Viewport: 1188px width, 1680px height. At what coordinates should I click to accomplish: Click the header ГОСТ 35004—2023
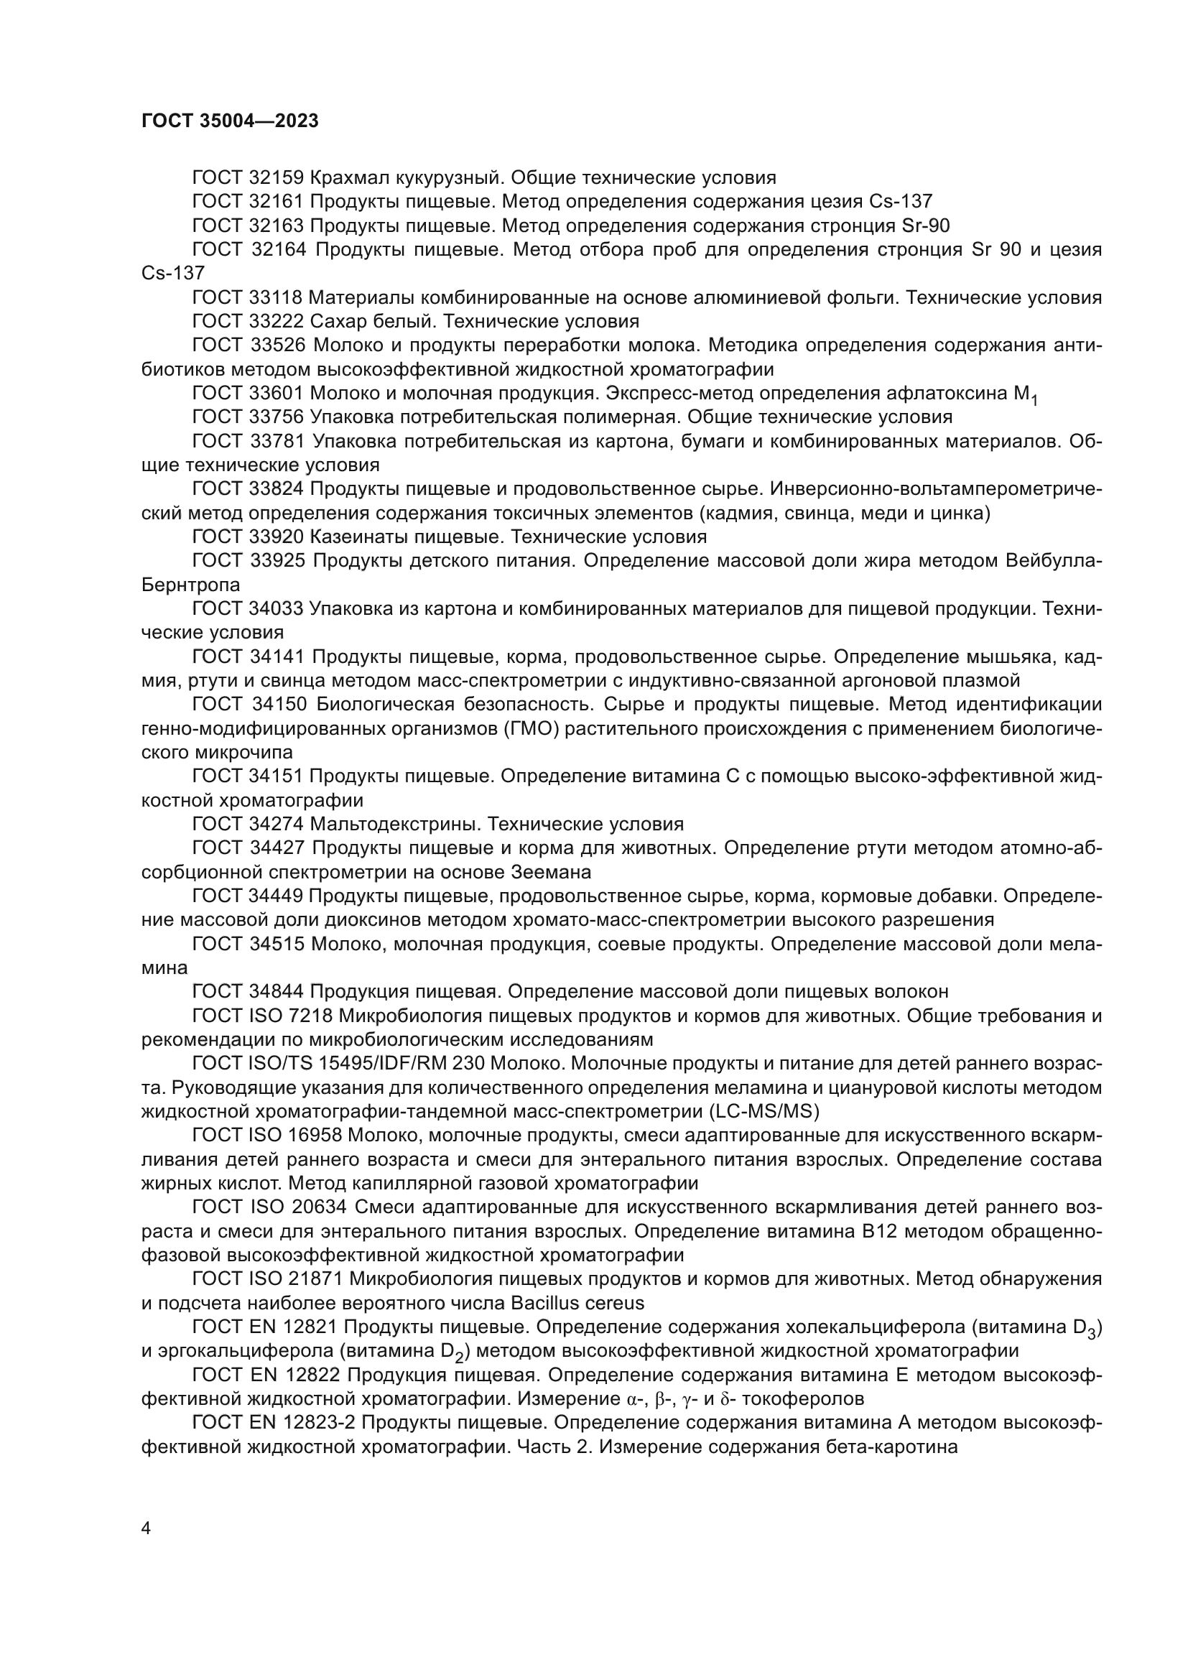230,121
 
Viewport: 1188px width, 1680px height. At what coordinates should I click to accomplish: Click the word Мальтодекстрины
395,825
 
